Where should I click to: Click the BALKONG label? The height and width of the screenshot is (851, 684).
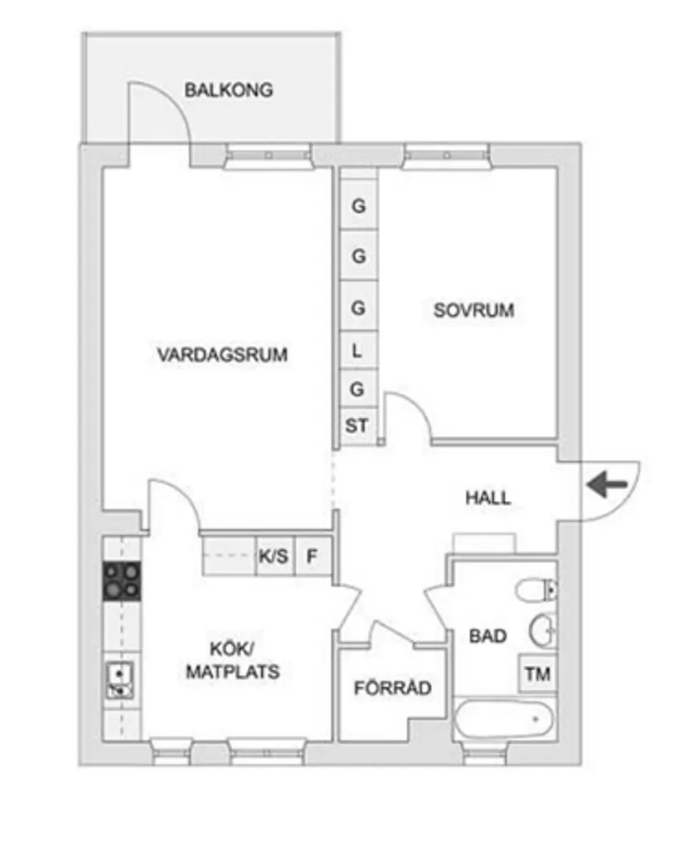(228, 90)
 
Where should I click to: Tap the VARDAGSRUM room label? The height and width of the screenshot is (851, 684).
(222, 355)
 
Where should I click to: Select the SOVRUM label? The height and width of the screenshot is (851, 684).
(473, 311)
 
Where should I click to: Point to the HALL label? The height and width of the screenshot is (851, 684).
(488, 498)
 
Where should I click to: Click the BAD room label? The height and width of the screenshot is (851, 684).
(488, 636)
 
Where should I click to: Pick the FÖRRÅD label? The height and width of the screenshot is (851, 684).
(392, 688)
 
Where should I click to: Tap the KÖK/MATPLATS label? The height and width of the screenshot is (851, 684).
(232, 660)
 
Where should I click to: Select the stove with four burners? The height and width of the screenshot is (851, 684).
(121, 581)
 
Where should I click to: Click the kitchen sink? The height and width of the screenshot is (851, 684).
(120, 680)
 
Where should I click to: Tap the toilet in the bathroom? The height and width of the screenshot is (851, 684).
(535, 591)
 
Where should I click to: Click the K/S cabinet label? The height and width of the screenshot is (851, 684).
(274, 556)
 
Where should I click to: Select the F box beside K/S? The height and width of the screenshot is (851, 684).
(313, 556)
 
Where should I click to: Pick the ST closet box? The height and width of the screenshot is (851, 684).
(357, 426)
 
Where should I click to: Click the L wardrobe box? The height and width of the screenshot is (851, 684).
(358, 351)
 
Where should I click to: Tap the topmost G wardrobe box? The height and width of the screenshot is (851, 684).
(358, 207)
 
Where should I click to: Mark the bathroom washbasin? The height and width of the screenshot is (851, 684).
(543, 630)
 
